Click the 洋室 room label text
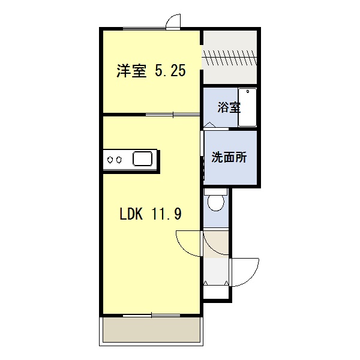(x=131, y=70)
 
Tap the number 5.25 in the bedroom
(x=170, y=70)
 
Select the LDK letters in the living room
(x=131, y=214)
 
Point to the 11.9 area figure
(x=166, y=214)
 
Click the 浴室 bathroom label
(x=229, y=107)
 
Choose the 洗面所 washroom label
(x=229, y=157)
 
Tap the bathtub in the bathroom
(x=247, y=107)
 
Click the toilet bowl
(x=215, y=203)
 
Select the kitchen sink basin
(x=142, y=158)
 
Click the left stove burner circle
(x=110, y=160)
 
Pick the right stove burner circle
(x=119, y=160)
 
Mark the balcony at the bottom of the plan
(x=151, y=329)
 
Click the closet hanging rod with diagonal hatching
(x=230, y=58)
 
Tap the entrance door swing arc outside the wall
(x=249, y=278)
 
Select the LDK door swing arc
(x=184, y=248)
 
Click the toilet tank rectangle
(x=215, y=192)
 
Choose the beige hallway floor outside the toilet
(x=216, y=244)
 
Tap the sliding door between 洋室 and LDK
(x=173, y=115)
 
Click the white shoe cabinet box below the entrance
(x=216, y=292)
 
